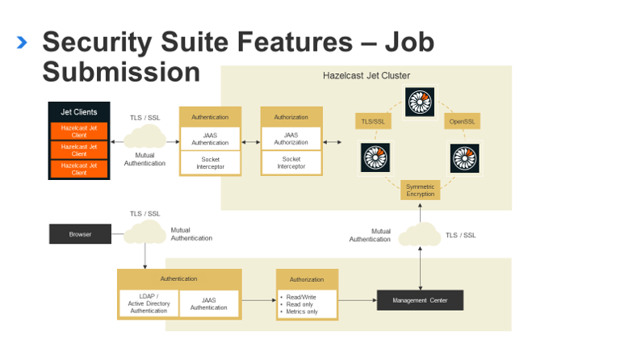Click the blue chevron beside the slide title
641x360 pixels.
tap(22, 42)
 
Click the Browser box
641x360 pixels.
tap(80, 235)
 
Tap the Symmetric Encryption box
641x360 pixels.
tap(420, 190)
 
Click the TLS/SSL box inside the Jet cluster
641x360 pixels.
tap(374, 121)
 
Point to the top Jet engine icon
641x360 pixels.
tap(420, 103)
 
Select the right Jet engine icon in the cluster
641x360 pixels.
tap(464, 158)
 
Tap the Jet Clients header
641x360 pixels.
tap(79, 112)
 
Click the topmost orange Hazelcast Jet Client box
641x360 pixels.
tap(79, 130)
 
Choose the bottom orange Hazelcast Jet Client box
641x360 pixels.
tap(79, 169)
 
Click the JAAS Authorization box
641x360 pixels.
tap(291, 139)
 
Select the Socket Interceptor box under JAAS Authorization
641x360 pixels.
tap(291, 162)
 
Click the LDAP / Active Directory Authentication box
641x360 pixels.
tap(149, 303)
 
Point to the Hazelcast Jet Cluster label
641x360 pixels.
tap(366, 76)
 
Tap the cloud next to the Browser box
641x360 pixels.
tap(145, 233)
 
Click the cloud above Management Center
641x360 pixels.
tap(420, 235)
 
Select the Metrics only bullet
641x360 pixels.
tap(302, 311)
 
